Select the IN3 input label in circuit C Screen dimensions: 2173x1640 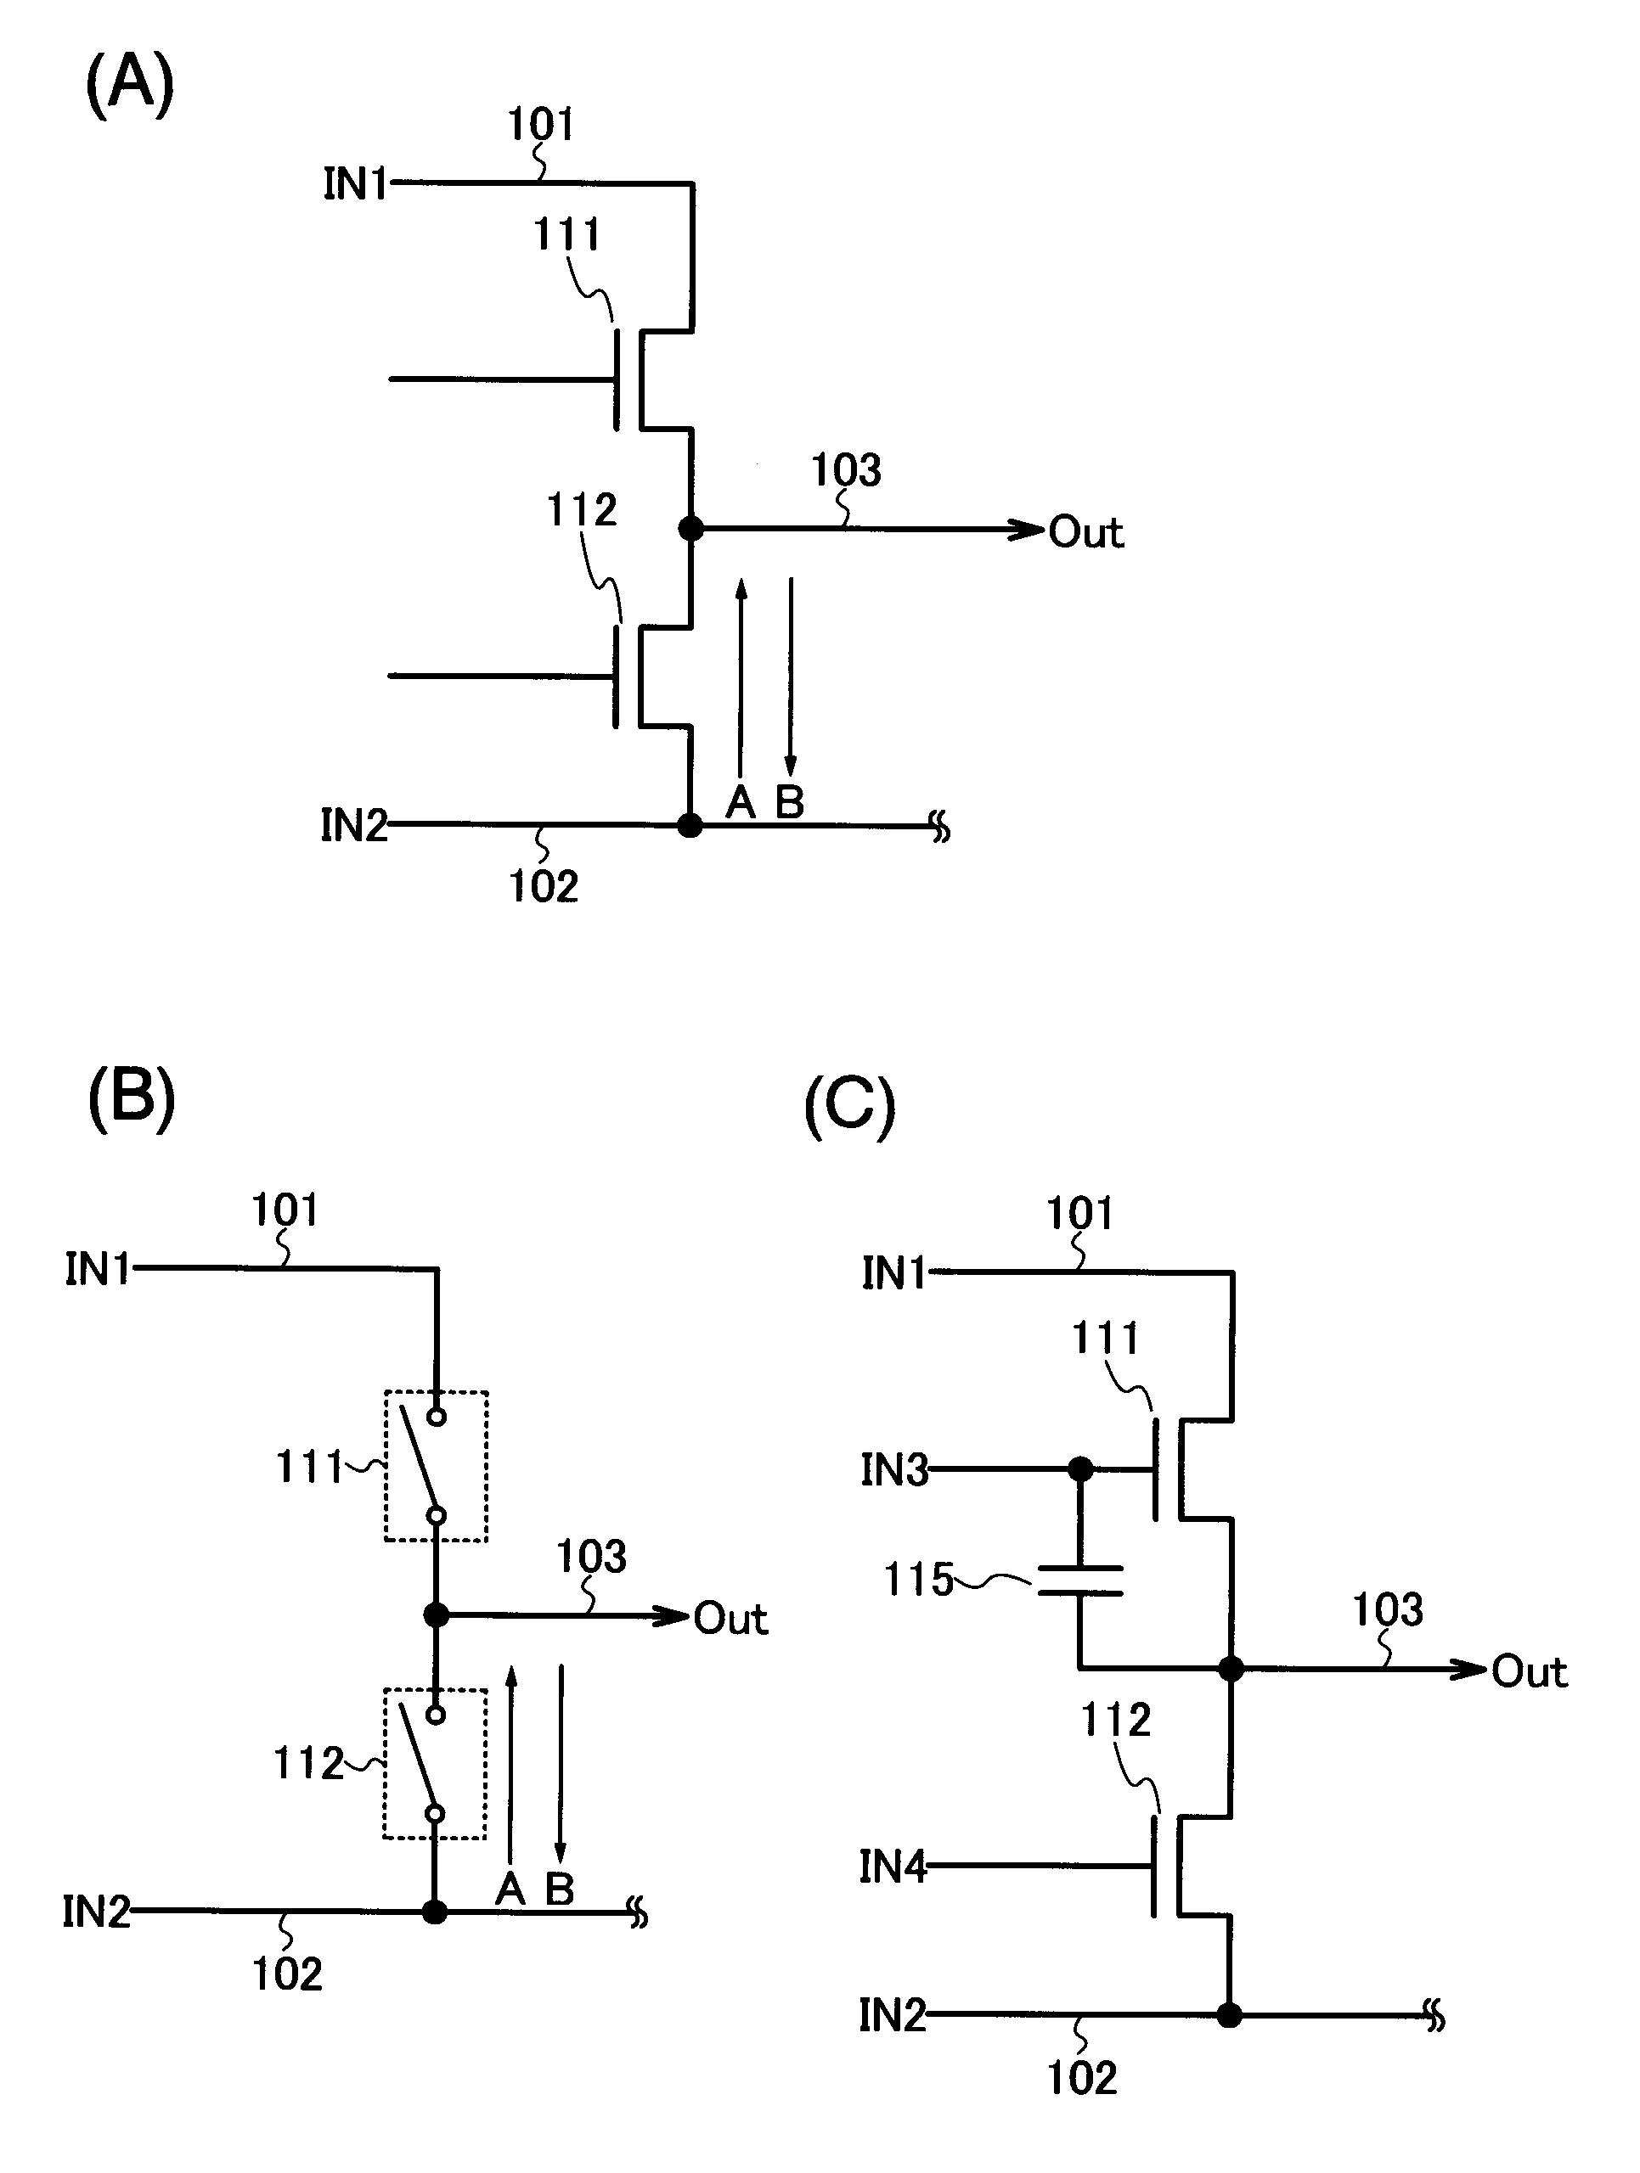coord(893,1471)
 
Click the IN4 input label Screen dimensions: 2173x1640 coord(893,1867)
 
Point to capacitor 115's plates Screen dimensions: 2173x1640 coord(1080,1581)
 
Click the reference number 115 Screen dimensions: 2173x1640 coord(918,1580)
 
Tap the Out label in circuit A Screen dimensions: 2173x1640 coord(1085,532)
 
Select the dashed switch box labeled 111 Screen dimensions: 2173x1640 coord(436,1466)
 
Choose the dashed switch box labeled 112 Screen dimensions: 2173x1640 coord(436,1763)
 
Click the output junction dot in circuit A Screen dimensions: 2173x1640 coord(692,529)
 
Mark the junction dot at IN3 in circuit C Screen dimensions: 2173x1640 coord(1080,1469)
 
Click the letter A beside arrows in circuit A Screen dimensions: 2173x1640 coord(740,803)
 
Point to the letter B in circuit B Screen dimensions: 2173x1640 coord(559,1888)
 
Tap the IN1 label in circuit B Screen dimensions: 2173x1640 coord(98,1269)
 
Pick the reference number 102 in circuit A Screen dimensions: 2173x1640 coord(544,886)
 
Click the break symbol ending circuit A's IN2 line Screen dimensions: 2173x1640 coord(940,829)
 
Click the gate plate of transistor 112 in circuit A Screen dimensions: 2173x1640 coord(616,676)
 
